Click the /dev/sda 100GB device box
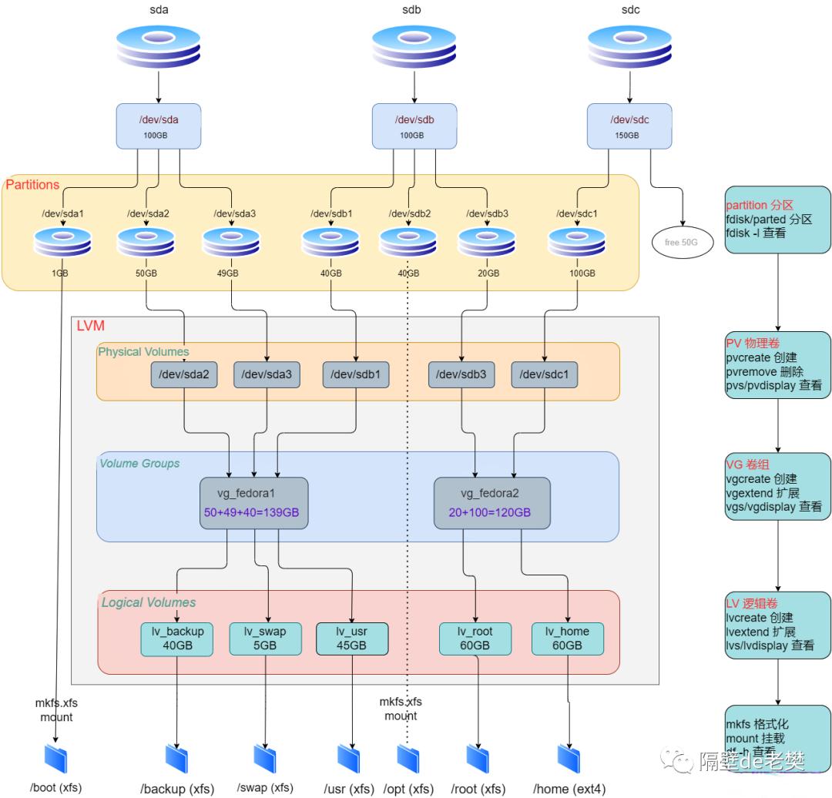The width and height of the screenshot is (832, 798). point(159,126)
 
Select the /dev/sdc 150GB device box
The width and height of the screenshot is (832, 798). point(629,126)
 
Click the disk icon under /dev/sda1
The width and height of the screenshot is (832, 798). point(62,242)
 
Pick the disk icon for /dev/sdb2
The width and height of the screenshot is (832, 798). point(408,242)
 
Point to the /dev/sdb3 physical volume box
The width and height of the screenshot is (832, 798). point(461,374)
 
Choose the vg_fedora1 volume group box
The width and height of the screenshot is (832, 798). point(253,502)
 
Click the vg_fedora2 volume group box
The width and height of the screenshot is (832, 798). point(491,502)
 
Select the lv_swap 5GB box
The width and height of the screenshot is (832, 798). point(264,639)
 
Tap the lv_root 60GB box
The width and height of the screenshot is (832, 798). point(475,639)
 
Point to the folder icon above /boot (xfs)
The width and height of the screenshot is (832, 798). point(56,758)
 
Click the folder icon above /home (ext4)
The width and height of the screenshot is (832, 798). point(569,758)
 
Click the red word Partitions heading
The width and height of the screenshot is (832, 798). point(32,185)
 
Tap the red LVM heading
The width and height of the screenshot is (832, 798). point(90,326)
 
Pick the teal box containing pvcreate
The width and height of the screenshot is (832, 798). point(777,364)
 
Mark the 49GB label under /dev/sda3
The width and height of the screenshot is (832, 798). point(229,273)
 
